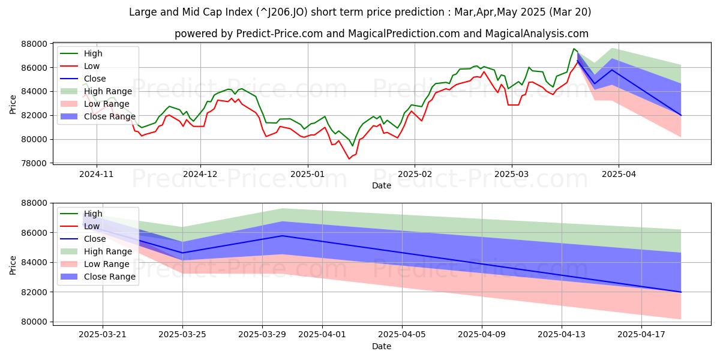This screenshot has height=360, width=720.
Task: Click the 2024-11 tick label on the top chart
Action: coord(96,174)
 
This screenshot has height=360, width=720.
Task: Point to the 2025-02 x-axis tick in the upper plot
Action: coord(414,174)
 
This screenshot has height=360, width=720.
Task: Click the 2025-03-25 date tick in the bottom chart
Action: coord(183,333)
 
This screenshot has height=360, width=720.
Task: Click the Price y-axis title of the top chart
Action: coord(13,103)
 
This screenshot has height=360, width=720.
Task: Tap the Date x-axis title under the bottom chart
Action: coord(382,346)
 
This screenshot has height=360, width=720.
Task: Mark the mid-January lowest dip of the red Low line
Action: coord(349,158)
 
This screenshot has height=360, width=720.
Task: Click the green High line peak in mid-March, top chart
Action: coord(574,49)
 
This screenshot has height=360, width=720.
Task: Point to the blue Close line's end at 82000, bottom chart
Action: coord(680,292)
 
